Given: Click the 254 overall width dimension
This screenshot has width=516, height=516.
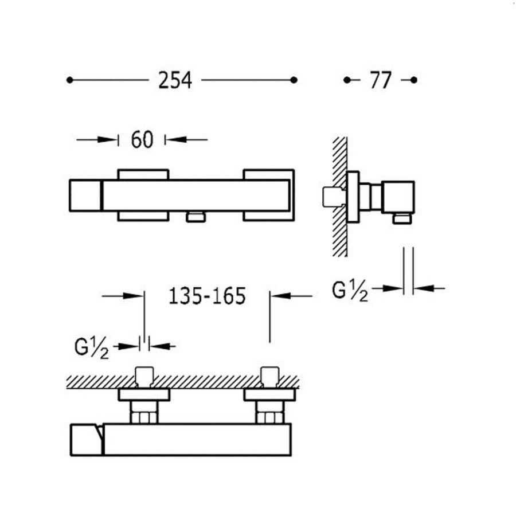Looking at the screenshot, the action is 175,80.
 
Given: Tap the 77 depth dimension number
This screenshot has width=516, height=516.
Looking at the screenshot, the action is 381,80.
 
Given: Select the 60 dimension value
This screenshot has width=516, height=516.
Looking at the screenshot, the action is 142,139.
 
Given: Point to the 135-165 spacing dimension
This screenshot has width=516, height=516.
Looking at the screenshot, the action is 207,296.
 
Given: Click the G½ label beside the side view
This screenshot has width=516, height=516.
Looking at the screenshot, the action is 350,291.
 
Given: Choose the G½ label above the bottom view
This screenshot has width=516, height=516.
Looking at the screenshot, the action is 92,348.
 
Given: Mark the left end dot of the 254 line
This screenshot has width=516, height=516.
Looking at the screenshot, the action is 69,80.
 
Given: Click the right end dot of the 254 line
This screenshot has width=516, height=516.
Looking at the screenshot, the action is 294,80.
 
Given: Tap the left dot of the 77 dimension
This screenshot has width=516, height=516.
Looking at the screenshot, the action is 347,80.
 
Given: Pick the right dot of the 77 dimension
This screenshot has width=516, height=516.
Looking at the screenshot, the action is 414,80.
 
